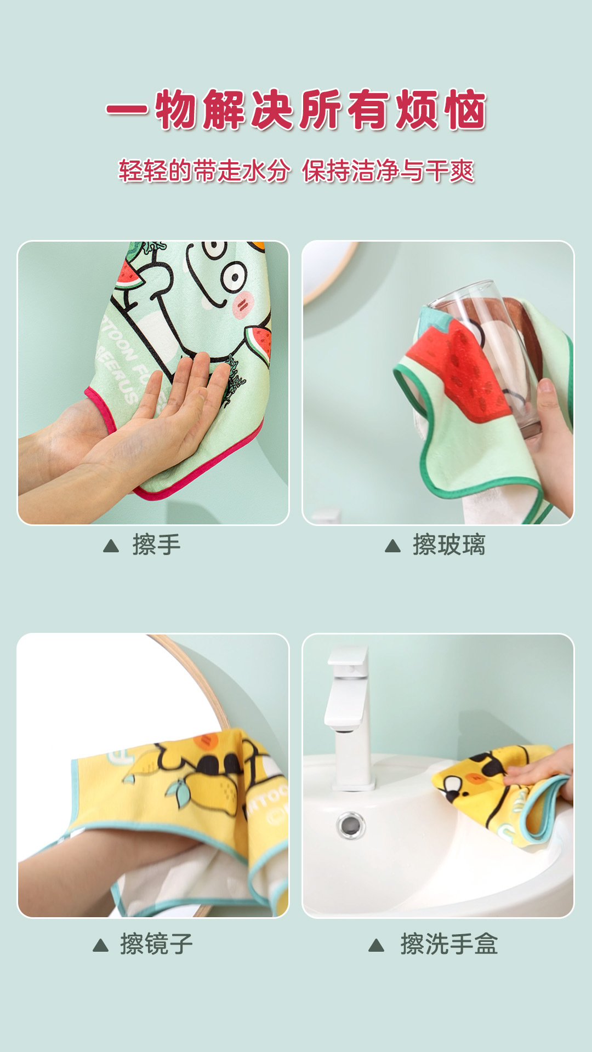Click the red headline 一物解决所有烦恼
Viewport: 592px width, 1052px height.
296,110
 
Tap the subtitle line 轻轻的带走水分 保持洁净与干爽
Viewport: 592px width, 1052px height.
296,170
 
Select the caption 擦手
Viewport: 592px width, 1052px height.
156,545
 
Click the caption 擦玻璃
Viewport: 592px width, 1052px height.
449,545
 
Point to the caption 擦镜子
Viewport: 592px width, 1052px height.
156,944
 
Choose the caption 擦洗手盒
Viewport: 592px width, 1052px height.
449,944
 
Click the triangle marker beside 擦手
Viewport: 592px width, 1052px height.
111,546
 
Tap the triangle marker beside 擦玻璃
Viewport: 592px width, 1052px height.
392,546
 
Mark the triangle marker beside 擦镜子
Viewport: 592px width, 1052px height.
100,945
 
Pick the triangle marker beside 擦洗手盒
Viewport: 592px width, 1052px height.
376,945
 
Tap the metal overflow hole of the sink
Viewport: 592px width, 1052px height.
351,825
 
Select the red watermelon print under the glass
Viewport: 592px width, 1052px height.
460,373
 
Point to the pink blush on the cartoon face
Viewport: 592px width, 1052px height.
243,304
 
